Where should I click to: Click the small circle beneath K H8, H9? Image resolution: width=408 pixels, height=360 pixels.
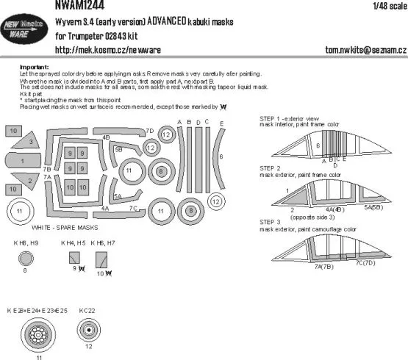(26, 258)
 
